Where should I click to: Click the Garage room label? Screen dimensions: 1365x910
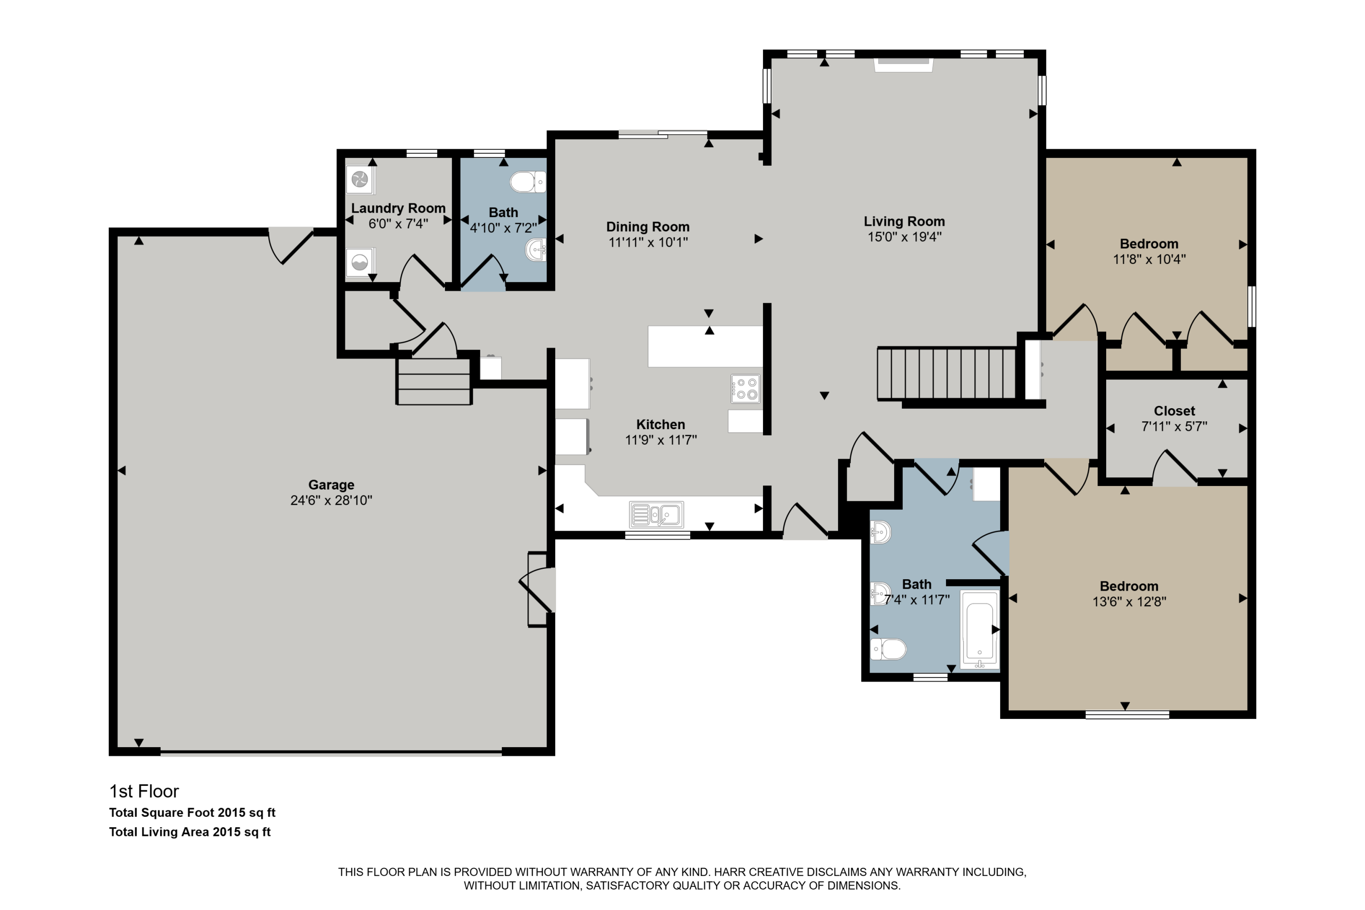click(331, 485)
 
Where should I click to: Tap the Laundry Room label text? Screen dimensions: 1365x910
click(398, 208)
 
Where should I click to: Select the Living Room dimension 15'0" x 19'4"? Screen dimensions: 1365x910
click(904, 236)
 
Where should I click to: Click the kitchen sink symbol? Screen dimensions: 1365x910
click(657, 514)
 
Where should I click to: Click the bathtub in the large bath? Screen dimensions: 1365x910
click(980, 629)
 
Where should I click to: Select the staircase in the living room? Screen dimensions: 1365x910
click(946, 373)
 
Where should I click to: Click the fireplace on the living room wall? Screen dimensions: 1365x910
click(904, 65)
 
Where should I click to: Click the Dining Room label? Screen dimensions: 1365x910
click(647, 227)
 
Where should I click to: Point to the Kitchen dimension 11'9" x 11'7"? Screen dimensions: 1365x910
click(661, 440)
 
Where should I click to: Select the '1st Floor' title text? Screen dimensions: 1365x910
click(144, 791)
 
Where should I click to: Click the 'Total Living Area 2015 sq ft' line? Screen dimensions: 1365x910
click(190, 832)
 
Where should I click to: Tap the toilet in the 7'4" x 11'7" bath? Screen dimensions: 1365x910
click(888, 649)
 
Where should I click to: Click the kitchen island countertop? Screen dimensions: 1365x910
click(705, 346)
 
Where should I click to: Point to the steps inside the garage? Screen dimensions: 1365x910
click(434, 381)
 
